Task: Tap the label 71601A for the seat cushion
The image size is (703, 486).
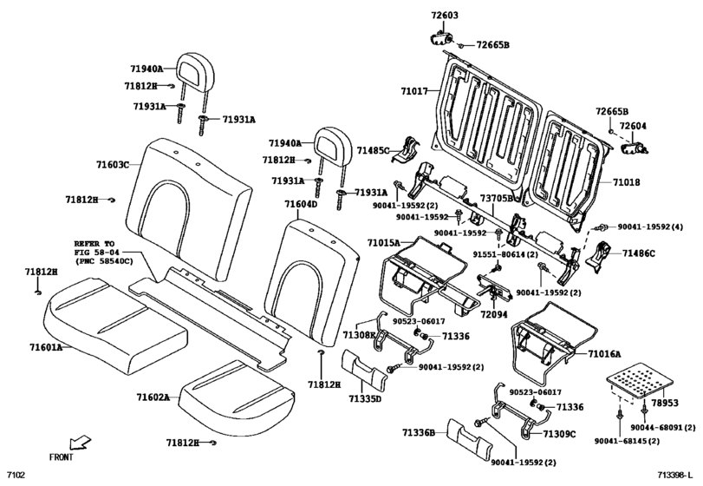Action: [45, 347]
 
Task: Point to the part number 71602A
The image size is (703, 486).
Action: [153, 397]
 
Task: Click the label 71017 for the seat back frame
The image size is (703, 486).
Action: [414, 90]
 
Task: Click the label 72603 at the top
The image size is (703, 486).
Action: [445, 16]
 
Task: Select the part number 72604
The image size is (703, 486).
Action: [634, 126]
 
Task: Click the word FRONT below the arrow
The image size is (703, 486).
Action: [62, 457]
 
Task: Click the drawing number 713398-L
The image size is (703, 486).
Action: [676, 476]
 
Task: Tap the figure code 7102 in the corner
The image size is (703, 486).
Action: [16, 476]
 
